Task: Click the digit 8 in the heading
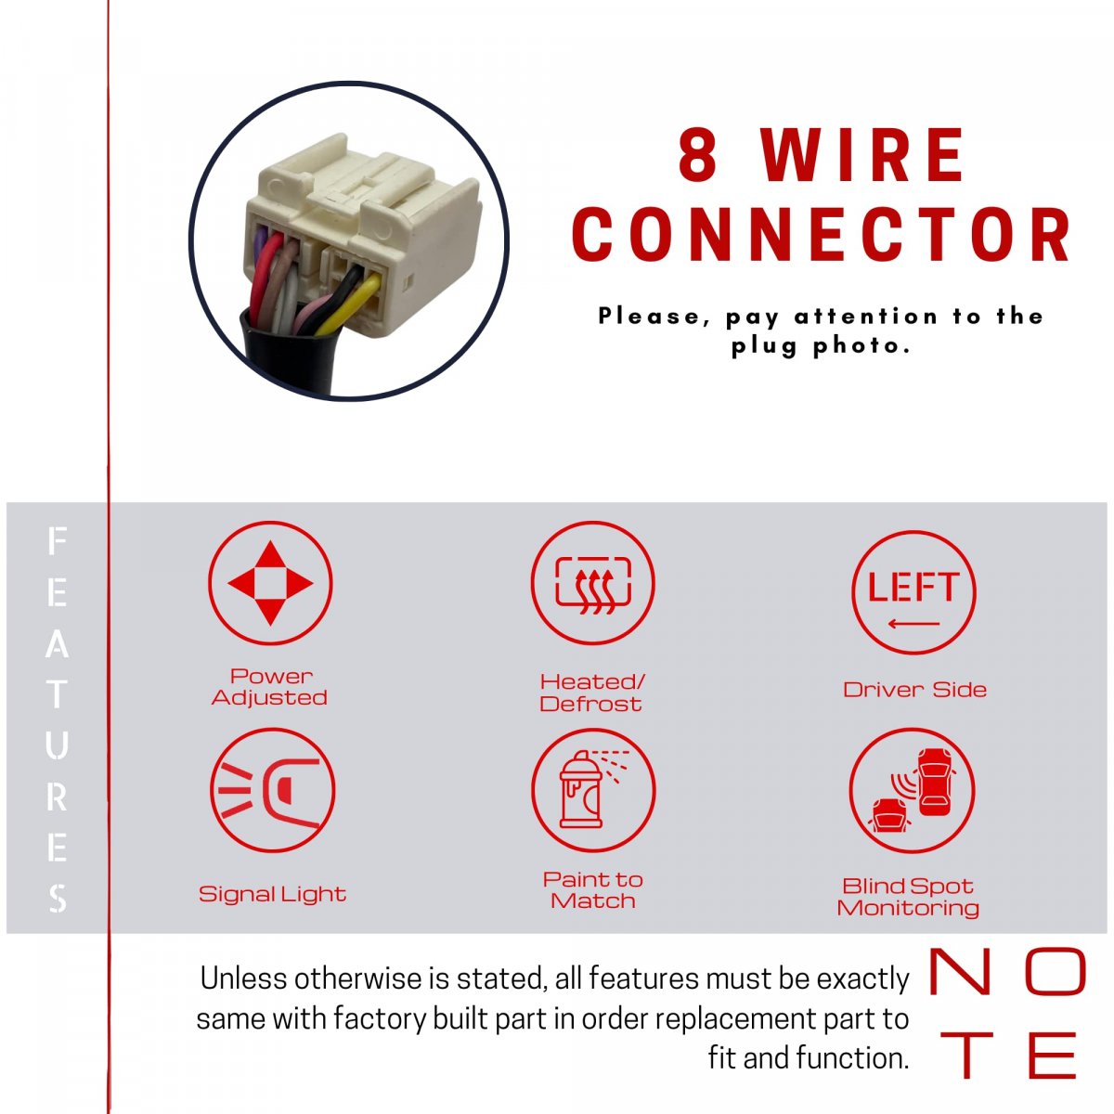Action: [698, 154]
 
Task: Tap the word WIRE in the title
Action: [861, 154]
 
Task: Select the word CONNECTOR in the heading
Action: [821, 234]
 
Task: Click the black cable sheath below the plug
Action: [289, 356]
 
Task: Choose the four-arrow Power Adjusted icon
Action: [270, 583]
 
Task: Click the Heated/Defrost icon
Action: [592, 583]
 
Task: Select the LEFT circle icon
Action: [913, 592]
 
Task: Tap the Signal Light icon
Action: [272, 790]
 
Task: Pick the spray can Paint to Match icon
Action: [593, 790]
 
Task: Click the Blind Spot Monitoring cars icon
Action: [913, 790]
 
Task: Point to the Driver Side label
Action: [914, 690]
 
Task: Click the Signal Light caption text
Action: [272, 894]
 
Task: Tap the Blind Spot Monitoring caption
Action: [908, 897]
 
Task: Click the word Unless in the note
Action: [243, 978]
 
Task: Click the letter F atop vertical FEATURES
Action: [57, 540]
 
